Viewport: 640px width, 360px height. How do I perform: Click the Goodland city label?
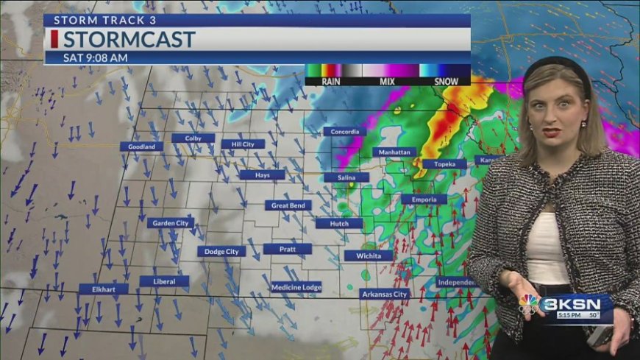(141, 147)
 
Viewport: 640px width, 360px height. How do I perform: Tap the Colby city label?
(193, 138)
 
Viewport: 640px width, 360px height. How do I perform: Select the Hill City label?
(242, 144)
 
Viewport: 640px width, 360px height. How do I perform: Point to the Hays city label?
(262, 175)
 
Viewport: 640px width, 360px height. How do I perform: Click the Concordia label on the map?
(344, 132)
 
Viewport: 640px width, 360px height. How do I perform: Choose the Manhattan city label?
(394, 152)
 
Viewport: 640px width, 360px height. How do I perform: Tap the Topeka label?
(444, 164)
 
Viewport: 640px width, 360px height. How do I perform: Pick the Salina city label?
(346, 177)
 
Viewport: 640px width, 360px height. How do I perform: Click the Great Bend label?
(288, 205)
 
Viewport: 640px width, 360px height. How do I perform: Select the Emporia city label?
(424, 200)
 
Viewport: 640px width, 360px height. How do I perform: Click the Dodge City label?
(221, 252)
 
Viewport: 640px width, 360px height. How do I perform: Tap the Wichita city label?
(368, 256)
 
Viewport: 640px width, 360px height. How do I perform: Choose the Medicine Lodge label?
(296, 287)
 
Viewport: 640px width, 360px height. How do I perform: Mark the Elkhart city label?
(103, 289)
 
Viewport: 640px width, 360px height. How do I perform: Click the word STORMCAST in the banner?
(129, 39)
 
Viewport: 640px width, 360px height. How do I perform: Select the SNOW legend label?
(446, 82)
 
